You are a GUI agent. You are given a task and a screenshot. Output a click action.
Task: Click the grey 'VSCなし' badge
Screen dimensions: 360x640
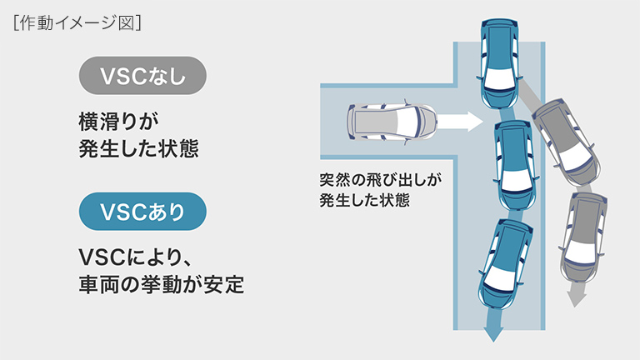142,75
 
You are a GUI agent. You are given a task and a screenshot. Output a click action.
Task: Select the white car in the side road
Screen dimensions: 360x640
391,123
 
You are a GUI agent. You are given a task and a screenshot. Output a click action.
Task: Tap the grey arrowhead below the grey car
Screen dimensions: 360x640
572,297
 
